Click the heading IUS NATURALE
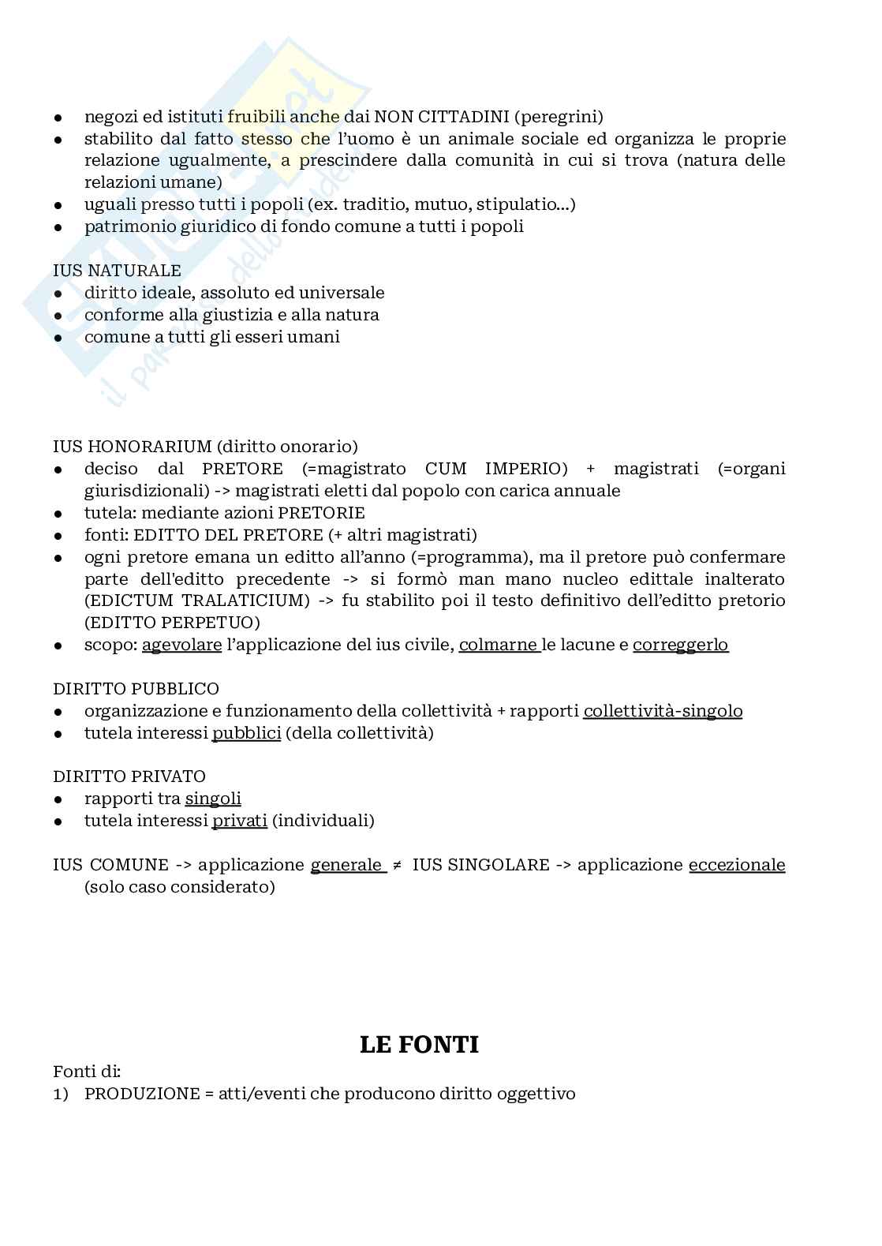117,271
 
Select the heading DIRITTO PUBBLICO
136,689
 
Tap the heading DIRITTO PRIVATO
129,776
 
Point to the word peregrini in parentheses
559,117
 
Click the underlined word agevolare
181,645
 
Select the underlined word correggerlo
680,645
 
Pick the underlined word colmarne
498,645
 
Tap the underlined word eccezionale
737,865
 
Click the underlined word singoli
213,799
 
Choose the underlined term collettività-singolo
663,711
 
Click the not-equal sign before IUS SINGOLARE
397,865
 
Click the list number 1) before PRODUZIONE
61,1094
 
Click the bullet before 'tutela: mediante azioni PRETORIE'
58,514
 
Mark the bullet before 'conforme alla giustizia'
58,316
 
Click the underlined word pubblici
246,733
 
